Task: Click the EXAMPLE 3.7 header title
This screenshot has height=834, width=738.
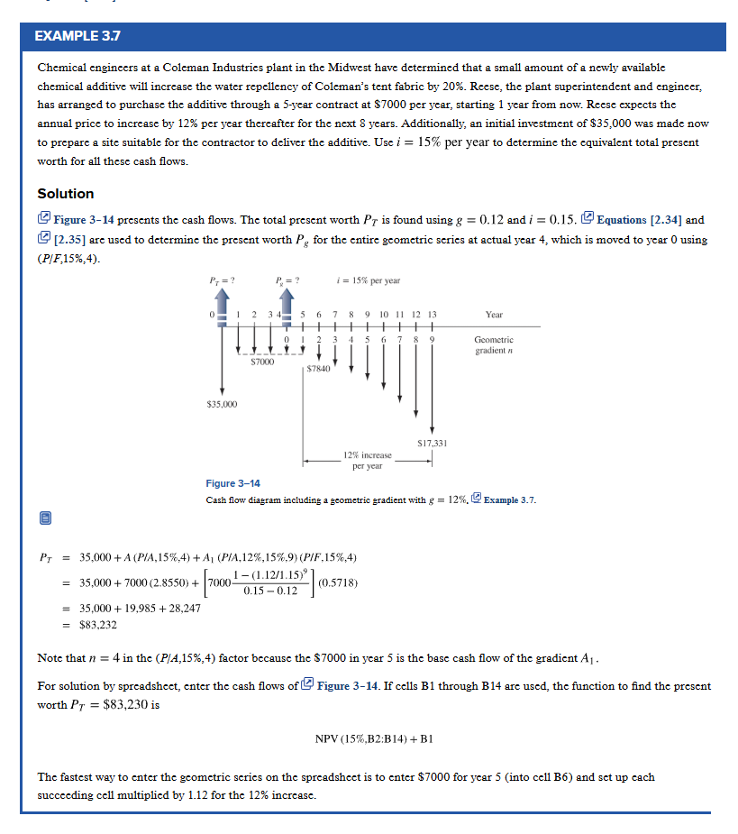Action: coord(77,37)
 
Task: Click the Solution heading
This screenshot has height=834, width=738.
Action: coord(65,194)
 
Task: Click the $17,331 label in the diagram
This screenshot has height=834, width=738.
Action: coord(433,443)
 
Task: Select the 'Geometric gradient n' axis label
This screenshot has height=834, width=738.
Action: coord(494,345)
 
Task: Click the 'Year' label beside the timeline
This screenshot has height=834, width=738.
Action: coord(494,315)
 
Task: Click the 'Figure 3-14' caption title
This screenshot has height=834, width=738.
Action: coord(232,484)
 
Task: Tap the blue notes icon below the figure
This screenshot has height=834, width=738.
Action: coord(45,518)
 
